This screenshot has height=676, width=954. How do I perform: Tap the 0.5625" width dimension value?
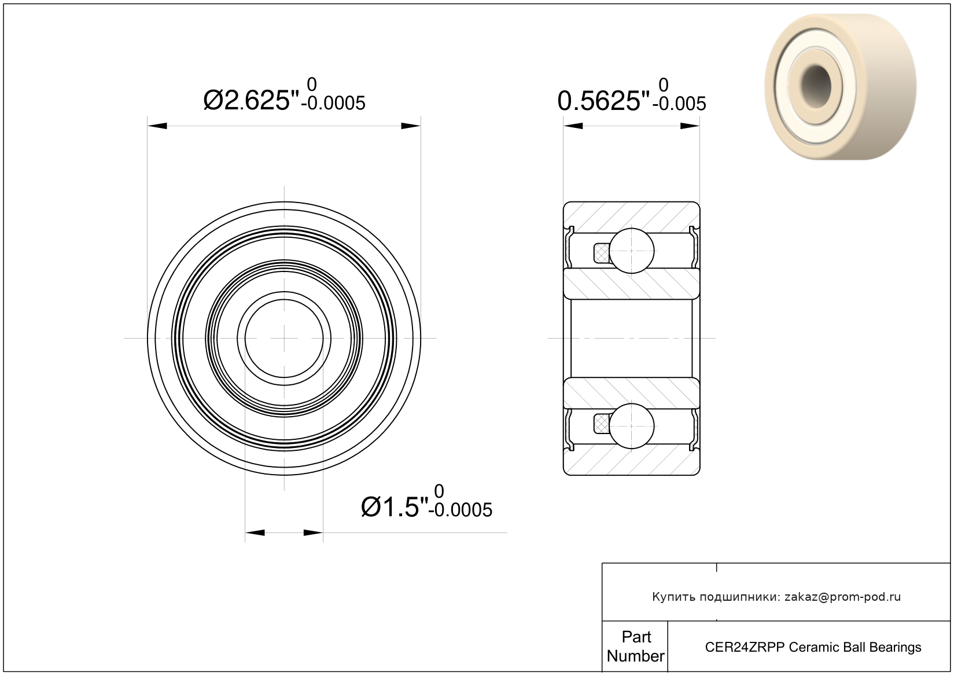click(603, 101)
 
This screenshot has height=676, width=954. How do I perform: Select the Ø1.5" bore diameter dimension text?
click(395, 507)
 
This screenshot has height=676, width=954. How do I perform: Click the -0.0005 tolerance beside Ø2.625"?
click(333, 104)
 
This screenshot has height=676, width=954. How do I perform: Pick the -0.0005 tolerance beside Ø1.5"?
click(461, 510)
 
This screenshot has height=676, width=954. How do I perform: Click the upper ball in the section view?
click(632, 251)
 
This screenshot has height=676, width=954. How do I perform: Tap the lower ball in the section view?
click(632, 426)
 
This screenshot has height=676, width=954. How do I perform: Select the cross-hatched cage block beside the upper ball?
click(601, 253)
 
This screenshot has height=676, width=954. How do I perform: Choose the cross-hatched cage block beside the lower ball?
click(601, 424)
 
